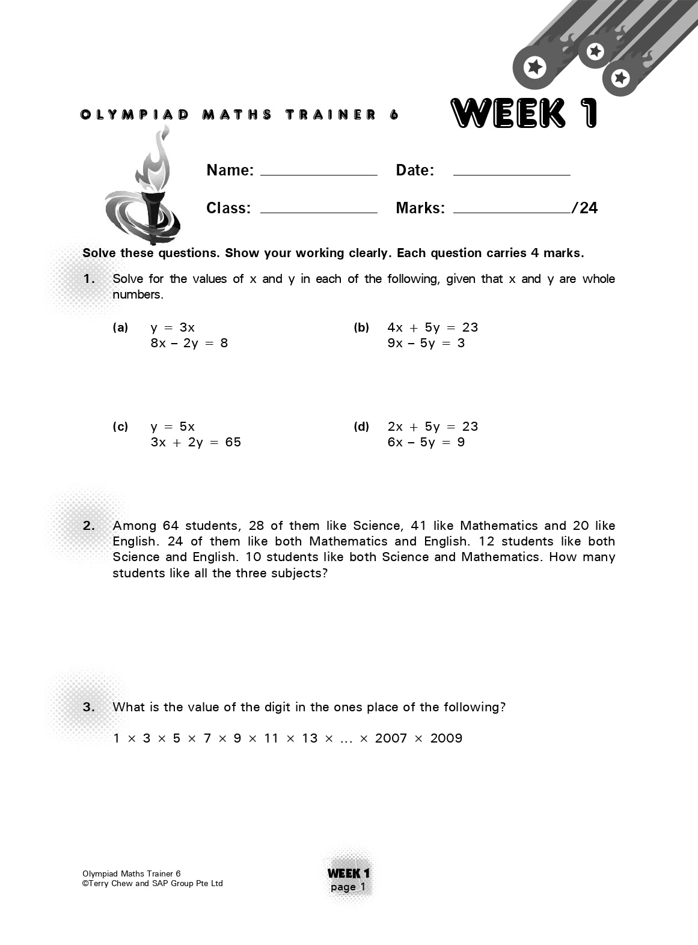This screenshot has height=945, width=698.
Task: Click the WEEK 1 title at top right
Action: pyautogui.click(x=524, y=114)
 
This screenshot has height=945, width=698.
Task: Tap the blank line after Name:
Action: pyautogui.click(x=318, y=172)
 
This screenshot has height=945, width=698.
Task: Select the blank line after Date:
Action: pyautogui.click(x=511, y=172)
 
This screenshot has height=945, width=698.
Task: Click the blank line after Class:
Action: pyautogui.click(x=318, y=210)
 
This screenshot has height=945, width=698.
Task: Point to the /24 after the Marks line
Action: pyautogui.click(x=585, y=208)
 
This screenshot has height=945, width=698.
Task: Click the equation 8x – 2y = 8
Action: pyautogui.click(x=189, y=343)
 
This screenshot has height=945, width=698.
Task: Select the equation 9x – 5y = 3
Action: pyautogui.click(x=426, y=343)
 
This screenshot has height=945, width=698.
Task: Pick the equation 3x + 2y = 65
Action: pyautogui.click(x=196, y=442)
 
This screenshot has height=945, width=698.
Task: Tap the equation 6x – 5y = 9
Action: pyautogui.click(x=426, y=442)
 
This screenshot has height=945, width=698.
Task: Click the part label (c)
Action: pyautogui.click(x=120, y=427)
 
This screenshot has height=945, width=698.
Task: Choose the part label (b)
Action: pyautogui.click(x=361, y=327)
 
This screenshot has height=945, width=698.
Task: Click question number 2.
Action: pyautogui.click(x=89, y=526)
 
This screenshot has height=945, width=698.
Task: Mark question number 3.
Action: pyautogui.click(x=89, y=707)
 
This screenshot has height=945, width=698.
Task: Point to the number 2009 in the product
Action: pyautogui.click(x=446, y=738)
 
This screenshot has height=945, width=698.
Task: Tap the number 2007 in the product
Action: pyautogui.click(x=391, y=738)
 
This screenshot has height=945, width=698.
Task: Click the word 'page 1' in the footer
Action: pyautogui.click(x=348, y=887)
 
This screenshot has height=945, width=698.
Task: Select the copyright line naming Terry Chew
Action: pyautogui.click(x=153, y=883)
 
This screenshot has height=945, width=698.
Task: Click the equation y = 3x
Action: pyautogui.click(x=173, y=327)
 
